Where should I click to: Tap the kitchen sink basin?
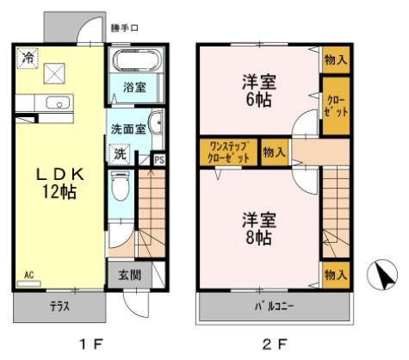tap(53, 103)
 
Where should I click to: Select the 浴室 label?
tap(133, 88)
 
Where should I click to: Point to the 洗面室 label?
tap(127, 129)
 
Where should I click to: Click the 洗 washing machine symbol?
tap(121, 154)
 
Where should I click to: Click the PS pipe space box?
tap(158, 159)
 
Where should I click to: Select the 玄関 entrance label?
tap(130, 276)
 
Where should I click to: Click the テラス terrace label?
tap(58, 306)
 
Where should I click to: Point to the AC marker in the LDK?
tap(28, 276)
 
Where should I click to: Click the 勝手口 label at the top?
tap(124, 28)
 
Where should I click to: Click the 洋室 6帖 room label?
tap(257, 90)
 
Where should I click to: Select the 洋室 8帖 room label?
tap(257, 226)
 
